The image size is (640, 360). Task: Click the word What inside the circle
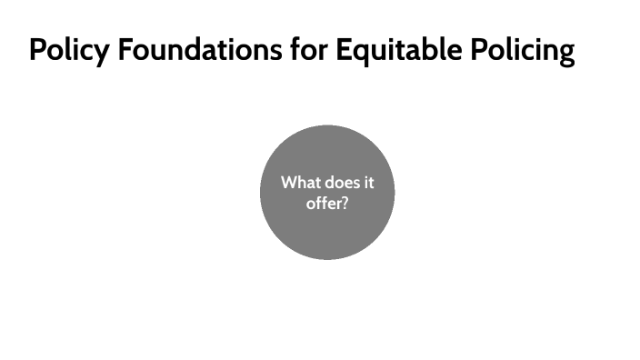(x=301, y=183)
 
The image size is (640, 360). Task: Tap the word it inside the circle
(x=368, y=183)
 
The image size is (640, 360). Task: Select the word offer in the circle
(x=323, y=203)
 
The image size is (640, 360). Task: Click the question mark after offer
(x=345, y=203)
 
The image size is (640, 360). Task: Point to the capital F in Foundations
(x=123, y=50)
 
